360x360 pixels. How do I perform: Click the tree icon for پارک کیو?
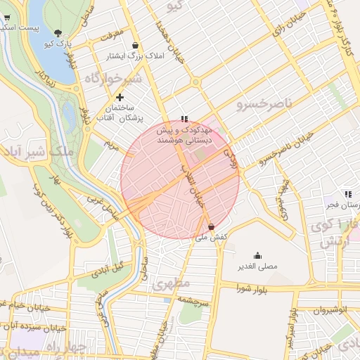tap(58, 32)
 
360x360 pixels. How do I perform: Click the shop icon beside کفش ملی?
tap(212, 226)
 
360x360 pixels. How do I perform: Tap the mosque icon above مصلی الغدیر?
tap(257, 255)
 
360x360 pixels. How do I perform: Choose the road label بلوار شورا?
tap(253, 288)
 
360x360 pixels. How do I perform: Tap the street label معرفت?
tap(112, 33)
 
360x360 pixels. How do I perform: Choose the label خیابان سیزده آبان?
tap(35, 327)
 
